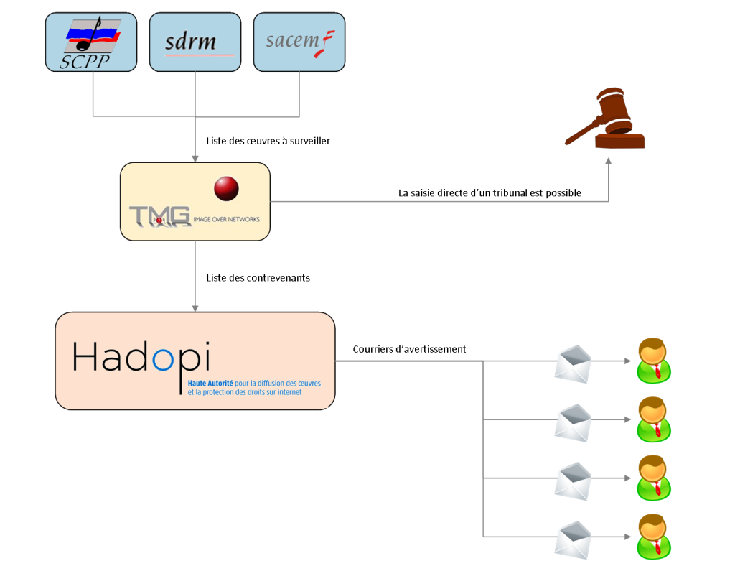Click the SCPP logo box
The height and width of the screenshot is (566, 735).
tap(90, 42)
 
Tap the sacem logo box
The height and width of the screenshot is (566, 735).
tap(299, 42)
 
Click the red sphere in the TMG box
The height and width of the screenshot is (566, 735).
tap(226, 187)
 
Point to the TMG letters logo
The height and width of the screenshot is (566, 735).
tap(160, 215)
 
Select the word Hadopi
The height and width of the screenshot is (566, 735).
tap(142, 356)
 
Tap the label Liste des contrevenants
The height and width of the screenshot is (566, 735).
tap(258, 277)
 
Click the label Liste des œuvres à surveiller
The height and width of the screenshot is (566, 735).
tap(268, 141)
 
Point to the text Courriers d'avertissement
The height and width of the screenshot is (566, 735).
tap(409, 349)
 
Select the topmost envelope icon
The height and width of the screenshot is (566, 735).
tap(574, 363)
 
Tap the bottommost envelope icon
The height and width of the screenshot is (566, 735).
tap(574, 538)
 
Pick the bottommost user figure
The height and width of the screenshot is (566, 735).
tap(653, 537)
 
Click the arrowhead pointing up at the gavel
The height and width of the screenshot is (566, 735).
tap(609, 162)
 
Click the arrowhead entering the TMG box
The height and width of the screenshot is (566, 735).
tap(195, 158)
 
